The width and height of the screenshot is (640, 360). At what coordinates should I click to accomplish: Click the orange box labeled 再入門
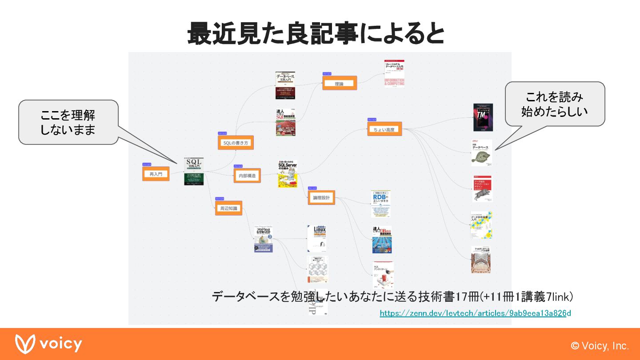click(156, 174)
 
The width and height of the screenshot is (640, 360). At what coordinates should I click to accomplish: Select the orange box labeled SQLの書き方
click(236, 143)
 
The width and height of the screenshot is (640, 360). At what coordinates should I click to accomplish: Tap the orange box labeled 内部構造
click(247, 176)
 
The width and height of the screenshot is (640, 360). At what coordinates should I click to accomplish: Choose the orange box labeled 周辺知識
click(228, 208)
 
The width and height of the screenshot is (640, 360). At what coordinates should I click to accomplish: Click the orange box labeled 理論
click(340, 83)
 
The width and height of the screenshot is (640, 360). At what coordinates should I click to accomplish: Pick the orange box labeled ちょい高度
click(384, 129)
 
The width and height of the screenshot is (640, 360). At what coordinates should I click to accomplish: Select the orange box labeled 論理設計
click(321, 198)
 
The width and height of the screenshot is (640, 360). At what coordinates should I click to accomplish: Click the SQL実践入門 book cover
click(194, 171)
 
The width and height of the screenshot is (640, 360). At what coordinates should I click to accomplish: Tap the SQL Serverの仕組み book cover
click(288, 174)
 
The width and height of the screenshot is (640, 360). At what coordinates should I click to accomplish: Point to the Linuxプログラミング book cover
click(317, 239)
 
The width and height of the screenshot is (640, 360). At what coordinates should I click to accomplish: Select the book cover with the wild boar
click(482, 188)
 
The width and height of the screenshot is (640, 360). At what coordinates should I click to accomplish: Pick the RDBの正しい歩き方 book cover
click(381, 204)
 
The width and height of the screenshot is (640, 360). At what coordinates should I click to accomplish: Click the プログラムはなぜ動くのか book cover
click(263, 240)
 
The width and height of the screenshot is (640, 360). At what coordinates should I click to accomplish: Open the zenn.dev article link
click(475, 313)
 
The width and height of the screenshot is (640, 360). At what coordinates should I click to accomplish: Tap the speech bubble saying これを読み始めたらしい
click(555, 104)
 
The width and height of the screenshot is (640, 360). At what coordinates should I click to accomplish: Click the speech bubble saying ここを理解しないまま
click(68, 122)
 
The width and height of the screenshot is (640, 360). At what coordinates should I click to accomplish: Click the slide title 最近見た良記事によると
click(316, 33)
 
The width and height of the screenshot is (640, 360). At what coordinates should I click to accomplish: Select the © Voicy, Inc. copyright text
click(600, 346)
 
